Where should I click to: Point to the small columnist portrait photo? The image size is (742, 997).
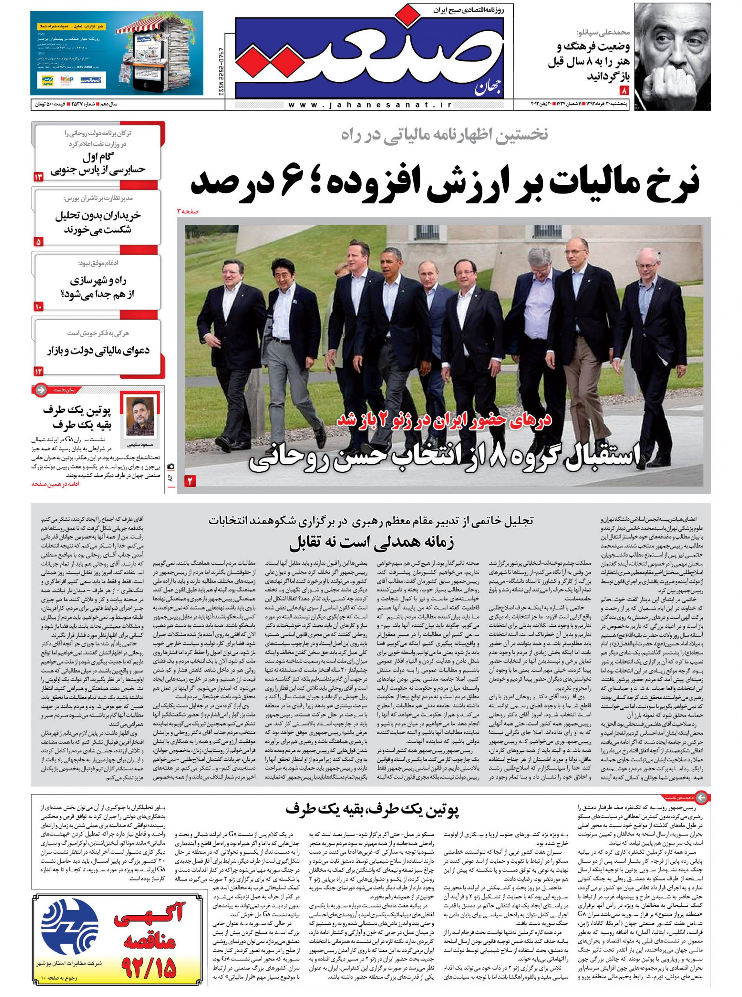[140, 416]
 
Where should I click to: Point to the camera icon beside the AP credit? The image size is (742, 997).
[171, 467]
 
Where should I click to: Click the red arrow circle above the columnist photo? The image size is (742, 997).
[40, 389]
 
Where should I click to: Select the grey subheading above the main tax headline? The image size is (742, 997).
[444, 134]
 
